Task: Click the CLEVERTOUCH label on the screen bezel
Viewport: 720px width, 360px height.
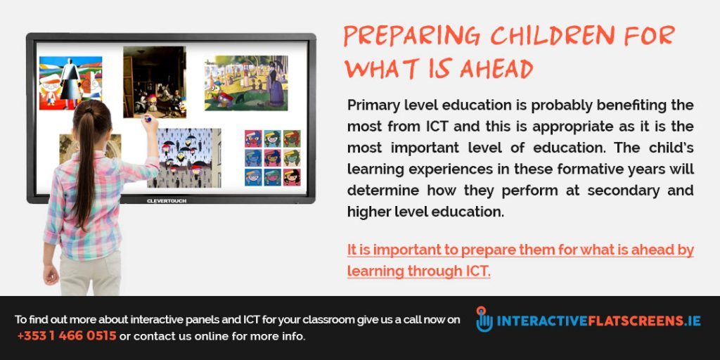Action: pyautogui.click(x=167, y=200)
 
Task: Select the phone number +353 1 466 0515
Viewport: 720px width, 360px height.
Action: pyautogui.click(x=67, y=336)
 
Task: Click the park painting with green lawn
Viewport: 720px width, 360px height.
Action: pyautogui.click(x=246, y=83)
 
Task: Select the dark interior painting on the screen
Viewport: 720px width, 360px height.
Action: pyautogui.click(x=154, y=81)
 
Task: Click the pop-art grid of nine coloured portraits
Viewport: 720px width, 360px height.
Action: pyautogui.click(x=272, y=157)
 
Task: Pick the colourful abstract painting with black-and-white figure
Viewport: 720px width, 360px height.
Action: pyautogui.click(x=70, y=83)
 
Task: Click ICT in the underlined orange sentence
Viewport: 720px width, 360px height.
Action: pyautogui.click(x=475, y=271)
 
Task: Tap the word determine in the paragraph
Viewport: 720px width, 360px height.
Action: pyautogui.click(x=381, y=191)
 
